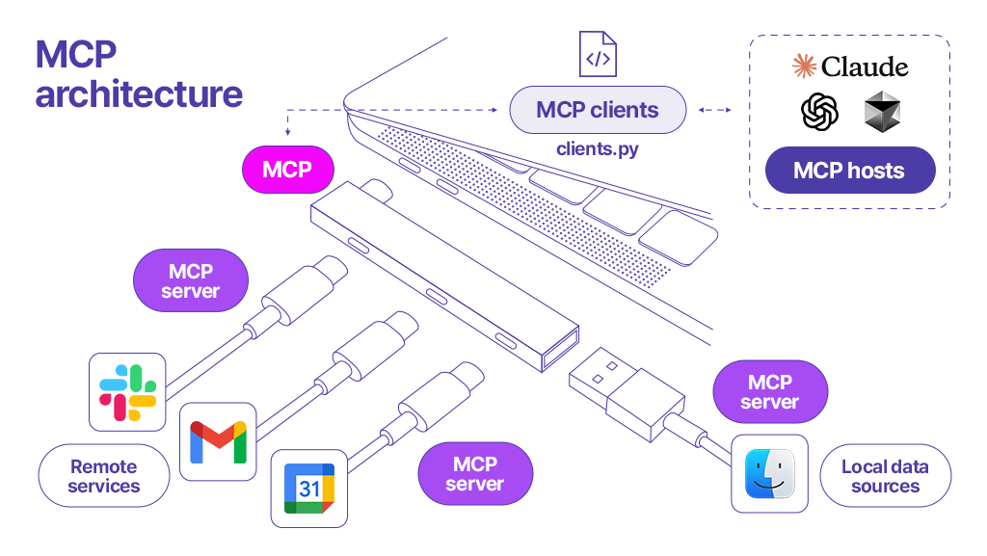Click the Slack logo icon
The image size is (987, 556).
(127, 392)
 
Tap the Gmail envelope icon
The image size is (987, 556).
(218, 441)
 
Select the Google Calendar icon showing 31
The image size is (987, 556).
(308, 489)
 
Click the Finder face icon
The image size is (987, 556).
(769, 474)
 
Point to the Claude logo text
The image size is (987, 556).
(849, 66)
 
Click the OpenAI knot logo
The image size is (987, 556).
(819, 113)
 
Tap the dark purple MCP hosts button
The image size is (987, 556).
(849, 171)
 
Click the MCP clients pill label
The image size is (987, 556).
(598, 110)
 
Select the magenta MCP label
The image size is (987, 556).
(287, 170)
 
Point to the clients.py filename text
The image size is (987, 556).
(598, 149)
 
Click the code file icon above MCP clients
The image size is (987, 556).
(598, 55)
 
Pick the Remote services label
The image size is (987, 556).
(103, 476)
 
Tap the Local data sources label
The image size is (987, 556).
(885, 476)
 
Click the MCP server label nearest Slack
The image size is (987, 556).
(190, 280)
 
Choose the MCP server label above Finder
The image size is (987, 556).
(770, 392)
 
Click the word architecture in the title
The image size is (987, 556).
(139, 94)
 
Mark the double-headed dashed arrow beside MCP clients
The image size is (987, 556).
(714, 110)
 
